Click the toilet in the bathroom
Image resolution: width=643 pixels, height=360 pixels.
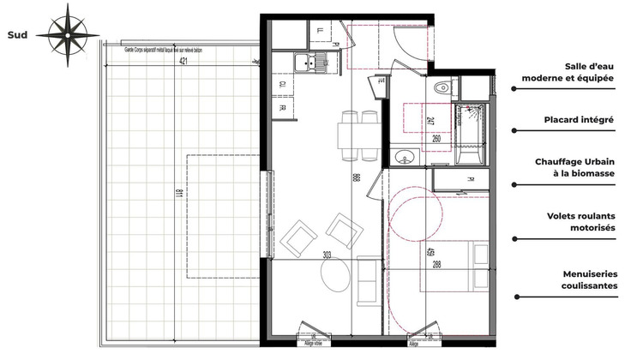443,87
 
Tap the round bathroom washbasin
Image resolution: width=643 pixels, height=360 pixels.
405,158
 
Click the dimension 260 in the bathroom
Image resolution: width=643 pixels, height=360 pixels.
436,139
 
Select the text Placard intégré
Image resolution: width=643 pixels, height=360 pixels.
579,120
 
